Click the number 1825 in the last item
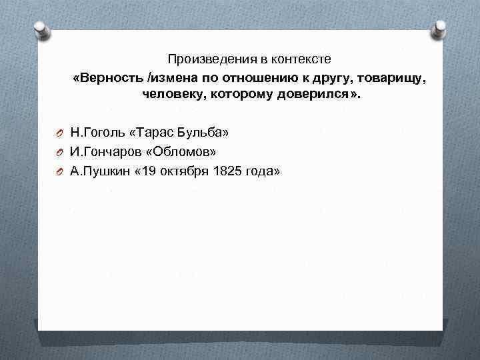225,171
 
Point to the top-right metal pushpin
441,29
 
